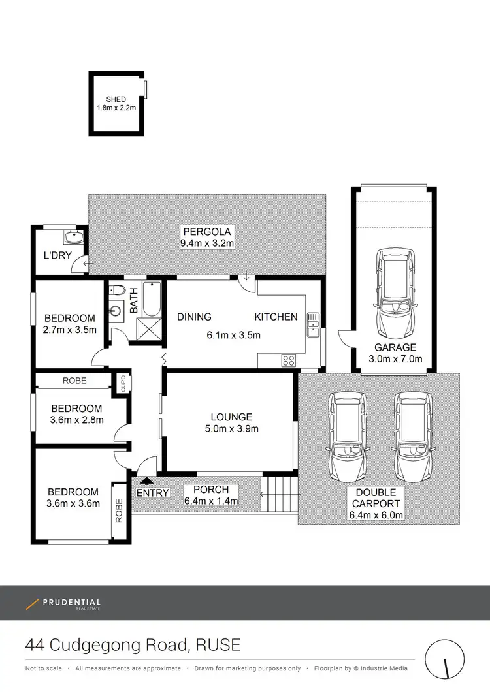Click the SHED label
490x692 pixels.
(116, 99)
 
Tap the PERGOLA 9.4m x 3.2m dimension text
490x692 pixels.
(207, 244)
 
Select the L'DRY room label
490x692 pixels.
(57, 255)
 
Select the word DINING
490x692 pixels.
(194, 317)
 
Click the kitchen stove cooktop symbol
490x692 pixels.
(288, 360)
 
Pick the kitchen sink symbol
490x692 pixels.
(313, 321)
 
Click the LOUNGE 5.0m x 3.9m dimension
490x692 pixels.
(231, 429)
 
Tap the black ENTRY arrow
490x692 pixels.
(144, 482)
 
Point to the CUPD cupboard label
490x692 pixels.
(123, 383)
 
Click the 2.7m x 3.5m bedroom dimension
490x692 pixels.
(70, 330)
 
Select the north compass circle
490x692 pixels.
(446, 658)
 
